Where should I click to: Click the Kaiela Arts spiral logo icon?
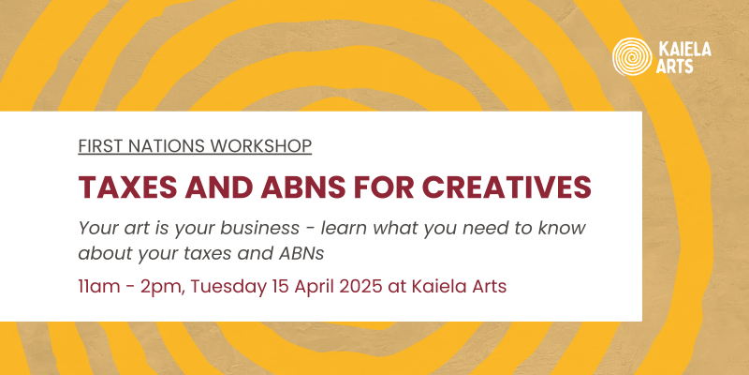coord(631,57)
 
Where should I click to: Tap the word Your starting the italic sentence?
coord(97,228)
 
